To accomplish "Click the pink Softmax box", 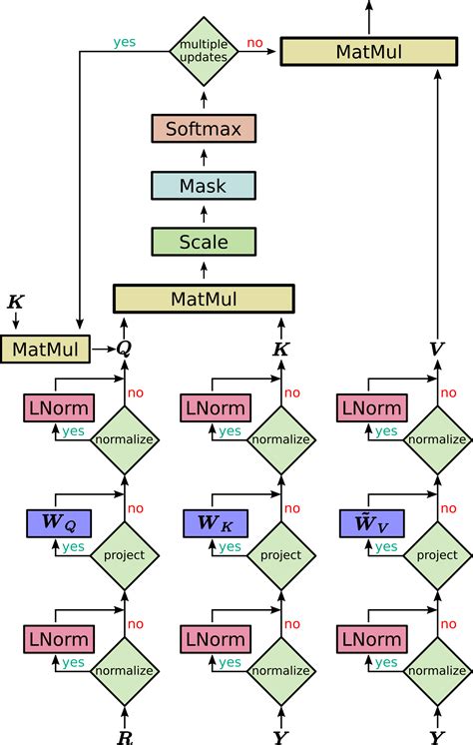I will (204, 129).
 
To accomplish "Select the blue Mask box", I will (204, 186).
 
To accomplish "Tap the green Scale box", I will (204, 242).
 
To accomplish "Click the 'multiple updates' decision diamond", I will (204, 50).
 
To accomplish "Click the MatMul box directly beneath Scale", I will (204, 299).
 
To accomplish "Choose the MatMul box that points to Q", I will (44, 348).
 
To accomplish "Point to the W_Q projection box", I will (58, 522).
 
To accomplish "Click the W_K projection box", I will (217, 522).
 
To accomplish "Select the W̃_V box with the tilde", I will (373, 522).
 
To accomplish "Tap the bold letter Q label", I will (124, 348).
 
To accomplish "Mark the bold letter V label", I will (436, 348).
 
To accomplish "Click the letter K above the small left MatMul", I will (16, 302).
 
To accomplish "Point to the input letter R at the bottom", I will (124, 737).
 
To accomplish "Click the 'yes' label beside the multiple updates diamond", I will (124, 42).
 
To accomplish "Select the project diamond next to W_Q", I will (124, 555).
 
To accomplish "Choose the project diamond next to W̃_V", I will (437, 555).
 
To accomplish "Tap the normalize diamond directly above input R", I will (124, 671).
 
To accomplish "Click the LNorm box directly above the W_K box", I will (217, 407).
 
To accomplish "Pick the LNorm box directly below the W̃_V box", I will (373, 638).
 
